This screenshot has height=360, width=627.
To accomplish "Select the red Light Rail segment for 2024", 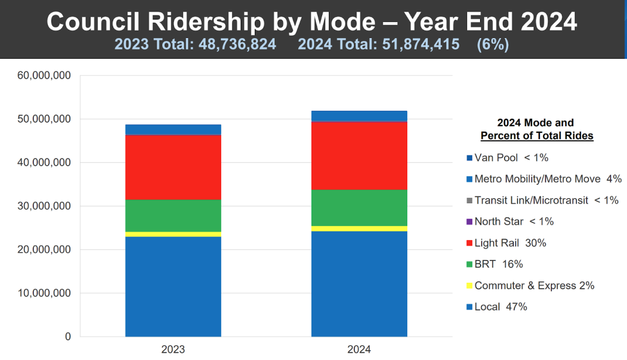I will [x=359, y=156].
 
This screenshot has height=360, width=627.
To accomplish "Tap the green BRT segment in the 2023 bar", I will [x=173, y=216].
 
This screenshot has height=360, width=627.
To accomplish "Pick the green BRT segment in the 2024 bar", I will [x=359, y=208].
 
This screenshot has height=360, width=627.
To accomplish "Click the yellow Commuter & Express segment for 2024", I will [x=359, y=228].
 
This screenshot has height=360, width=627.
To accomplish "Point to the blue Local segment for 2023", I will [x=173, y=287].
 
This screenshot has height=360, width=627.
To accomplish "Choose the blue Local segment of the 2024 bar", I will [x=359, y=283].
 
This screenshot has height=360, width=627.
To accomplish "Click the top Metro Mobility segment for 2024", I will [x=359, y=116].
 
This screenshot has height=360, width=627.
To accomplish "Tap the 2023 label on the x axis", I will [x=173, y=350].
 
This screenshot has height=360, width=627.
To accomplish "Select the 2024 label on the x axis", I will [x=359, y=350].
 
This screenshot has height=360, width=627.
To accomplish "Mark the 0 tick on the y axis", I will [x=67, y=337].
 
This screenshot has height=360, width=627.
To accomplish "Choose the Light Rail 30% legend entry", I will [x=510, y=243].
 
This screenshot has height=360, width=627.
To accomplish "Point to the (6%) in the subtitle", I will [x=492, y=44].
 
